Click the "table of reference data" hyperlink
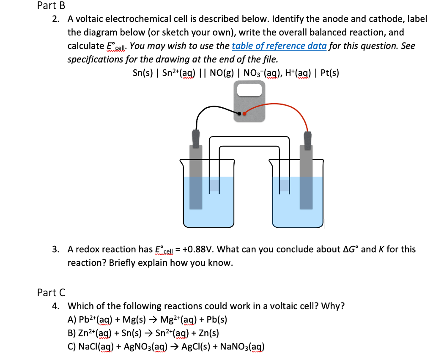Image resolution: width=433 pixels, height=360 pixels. pyautogui.click(x=279, y=46)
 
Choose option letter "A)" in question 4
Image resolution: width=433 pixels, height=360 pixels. pyautogui.click(x=72, y=319)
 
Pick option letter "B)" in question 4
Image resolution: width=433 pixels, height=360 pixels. pyautogui.click(x=72, y=333)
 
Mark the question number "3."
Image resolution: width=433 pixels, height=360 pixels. pyautogui.click(x=56, y=249)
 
